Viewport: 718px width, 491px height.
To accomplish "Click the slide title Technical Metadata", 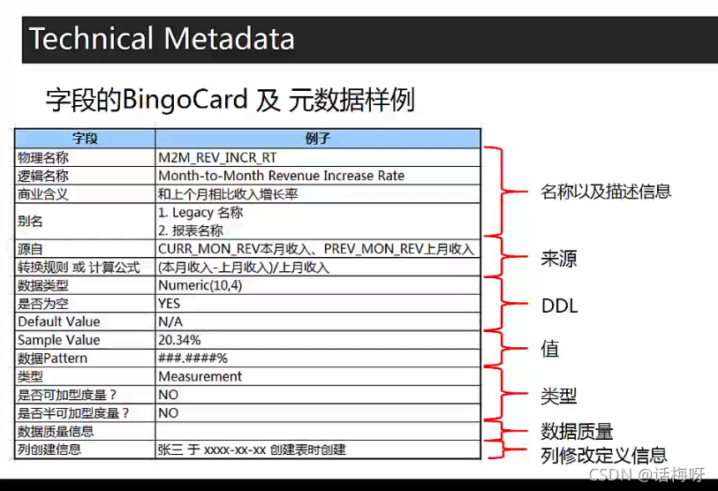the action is [x=162, y=39].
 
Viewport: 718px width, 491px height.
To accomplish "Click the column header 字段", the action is [x=85, y=139].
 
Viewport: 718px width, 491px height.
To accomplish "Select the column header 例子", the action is [x=317, y=139].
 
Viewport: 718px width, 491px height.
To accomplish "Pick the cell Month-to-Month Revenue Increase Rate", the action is [x=281, y=176].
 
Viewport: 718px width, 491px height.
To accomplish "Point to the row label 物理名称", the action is [x=43, y=157].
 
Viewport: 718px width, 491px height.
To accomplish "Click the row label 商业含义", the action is [x=43, y=194].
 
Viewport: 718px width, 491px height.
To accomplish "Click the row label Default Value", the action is [x=59, y=321].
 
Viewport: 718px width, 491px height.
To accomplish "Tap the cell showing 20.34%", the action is [x=179, y=340].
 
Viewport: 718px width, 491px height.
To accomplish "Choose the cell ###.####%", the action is [x=193, y=359].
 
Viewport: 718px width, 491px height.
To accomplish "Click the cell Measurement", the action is [x=200, y=376].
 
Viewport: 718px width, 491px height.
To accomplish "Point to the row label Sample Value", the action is [x=59, y=340].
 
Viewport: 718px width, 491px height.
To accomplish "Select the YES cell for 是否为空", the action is [x=170, y=303].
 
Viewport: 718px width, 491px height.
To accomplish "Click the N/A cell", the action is [x=170, y=321].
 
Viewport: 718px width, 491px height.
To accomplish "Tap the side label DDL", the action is [x=558, y=306].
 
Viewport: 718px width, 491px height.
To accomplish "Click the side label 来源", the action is [x=558, y=260].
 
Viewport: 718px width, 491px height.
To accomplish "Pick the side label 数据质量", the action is [x=577, y=431].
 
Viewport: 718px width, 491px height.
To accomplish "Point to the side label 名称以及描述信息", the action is [x=605, y=191].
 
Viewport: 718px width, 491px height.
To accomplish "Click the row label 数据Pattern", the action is [x=53, y=359].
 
